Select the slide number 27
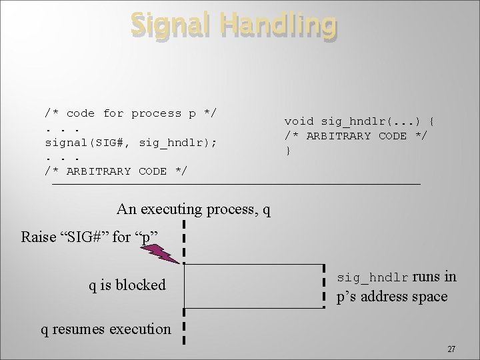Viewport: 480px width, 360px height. coord(451,349)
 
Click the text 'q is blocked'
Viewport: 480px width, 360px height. coord(127,285)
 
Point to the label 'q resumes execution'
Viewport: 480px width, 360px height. coord(105,329)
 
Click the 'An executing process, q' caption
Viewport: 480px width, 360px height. coord(193,209)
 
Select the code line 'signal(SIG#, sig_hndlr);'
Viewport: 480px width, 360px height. coord(131,142)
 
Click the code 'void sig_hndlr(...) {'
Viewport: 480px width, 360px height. coord(360,121)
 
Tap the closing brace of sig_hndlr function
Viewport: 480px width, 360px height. coord(288,151)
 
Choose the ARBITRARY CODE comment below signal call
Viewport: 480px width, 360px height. coord(115,171)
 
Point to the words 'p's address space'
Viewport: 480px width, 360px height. coord(392,297)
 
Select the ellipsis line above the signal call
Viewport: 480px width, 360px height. coord(62,128)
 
